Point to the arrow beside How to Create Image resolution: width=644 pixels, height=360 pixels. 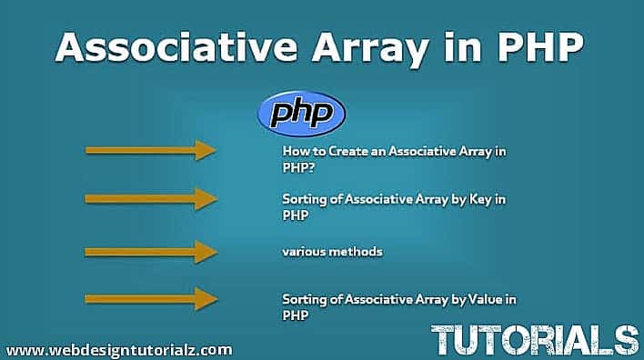[151, 150]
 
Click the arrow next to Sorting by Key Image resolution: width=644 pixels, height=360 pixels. [151, 197]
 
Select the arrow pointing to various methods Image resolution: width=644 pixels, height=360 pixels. [151, 251]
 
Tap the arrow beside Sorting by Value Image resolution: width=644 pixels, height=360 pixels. [151, 297]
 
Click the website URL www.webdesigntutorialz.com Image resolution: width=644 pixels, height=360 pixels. [118, 349]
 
